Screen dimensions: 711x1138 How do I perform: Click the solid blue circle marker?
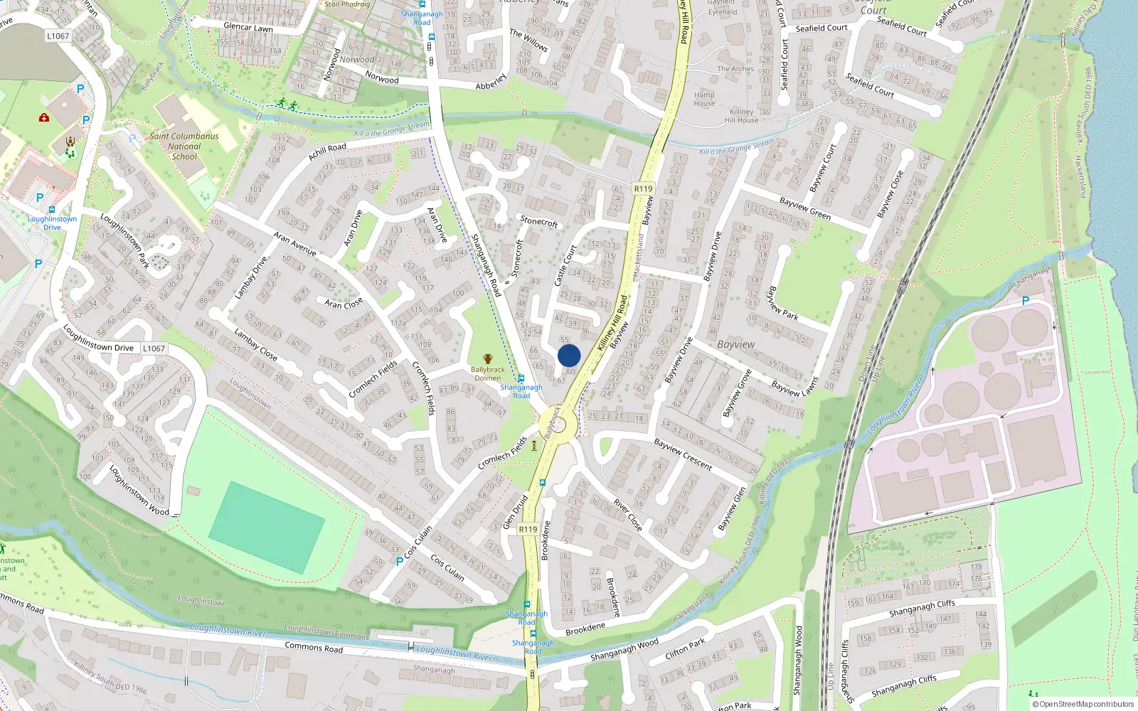tap(569, 355)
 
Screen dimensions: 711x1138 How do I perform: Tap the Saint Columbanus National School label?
tap(184, 146)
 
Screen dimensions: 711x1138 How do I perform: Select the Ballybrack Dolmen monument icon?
tap(488, 359)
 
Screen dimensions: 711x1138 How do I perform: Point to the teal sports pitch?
tap(266, 527)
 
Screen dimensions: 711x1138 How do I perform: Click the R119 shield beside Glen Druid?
tap(528, 529)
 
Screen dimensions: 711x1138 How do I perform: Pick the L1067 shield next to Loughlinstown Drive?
tap(154, 348)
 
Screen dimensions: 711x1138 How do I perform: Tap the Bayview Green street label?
tap(804, 208)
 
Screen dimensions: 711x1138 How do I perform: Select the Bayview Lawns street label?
tap(794, 386)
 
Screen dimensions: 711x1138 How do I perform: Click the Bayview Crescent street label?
tap(683, 454)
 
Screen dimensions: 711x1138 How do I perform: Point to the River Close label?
tap(628, 515)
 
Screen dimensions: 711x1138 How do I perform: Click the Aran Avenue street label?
tap(294, 243)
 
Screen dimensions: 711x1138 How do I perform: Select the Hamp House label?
tap(704, 99)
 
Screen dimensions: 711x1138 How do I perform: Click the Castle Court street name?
tap(565, 264)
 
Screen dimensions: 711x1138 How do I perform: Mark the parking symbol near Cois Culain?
tap(399, 561)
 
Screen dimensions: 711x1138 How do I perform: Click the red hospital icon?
tap(44, 117)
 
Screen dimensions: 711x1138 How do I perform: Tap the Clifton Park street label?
tap(685, 646)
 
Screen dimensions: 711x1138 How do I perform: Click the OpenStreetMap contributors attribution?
tap(1083, 704)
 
